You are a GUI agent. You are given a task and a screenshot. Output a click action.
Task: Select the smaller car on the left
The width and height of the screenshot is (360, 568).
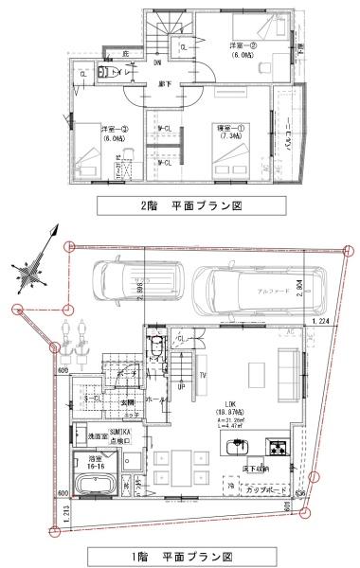pos(129,286)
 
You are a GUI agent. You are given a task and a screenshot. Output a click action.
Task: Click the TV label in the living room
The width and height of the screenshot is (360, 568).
pos(203,374)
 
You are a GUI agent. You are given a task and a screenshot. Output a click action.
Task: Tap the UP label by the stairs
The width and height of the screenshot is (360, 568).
pos(180,388)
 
